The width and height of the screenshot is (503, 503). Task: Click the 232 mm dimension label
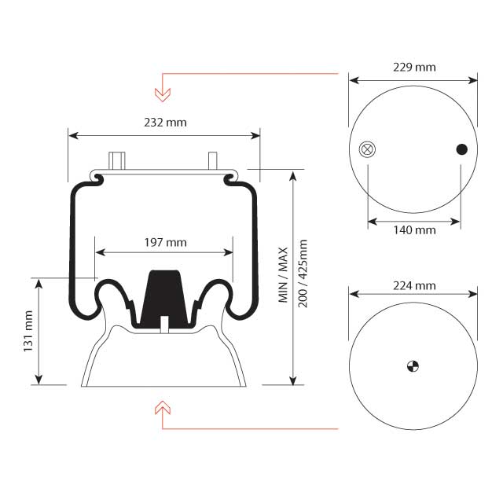(x=165, y=122)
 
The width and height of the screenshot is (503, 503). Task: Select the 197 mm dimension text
(x=165, y=242)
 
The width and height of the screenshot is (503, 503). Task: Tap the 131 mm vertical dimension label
(x=28, y=331)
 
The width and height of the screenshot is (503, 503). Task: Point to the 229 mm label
(x=413, y=67)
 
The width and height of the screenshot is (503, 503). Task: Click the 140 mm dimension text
(x=413, y=230)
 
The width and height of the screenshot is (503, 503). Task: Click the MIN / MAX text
(x=284, y=275)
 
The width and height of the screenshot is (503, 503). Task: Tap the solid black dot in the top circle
(x=461, y=149)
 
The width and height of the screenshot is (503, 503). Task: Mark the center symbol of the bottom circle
(x=413, y=365)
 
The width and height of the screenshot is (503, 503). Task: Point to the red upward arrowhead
(x=163, y=406)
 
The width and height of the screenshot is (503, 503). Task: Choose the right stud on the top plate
(x=212, y=160)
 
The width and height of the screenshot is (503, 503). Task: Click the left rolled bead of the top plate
(x=97, y=179)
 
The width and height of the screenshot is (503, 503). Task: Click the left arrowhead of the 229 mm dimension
(x=354, y=80)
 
